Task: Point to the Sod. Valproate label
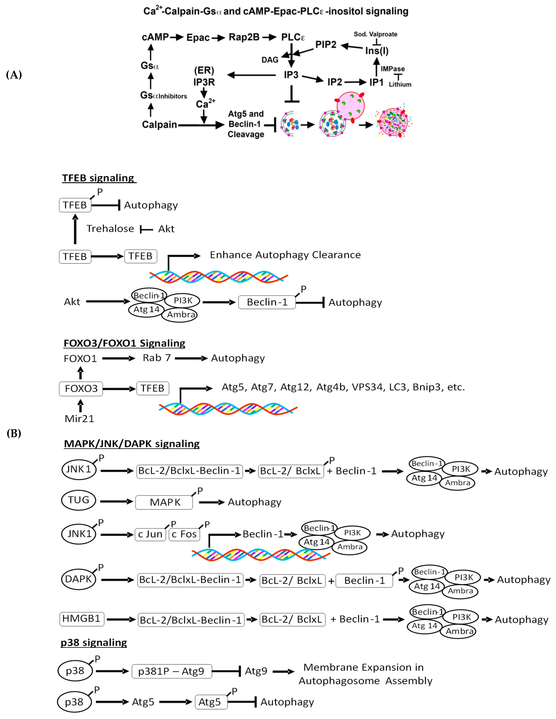tap(375, 34)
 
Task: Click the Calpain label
tap(159, 125)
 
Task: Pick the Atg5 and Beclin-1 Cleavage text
tap(246, 124)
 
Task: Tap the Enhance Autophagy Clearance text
tap(285, 255)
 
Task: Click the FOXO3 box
tap(81, 388)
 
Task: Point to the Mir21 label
tap(79, 419)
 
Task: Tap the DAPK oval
tap(78, 579)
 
